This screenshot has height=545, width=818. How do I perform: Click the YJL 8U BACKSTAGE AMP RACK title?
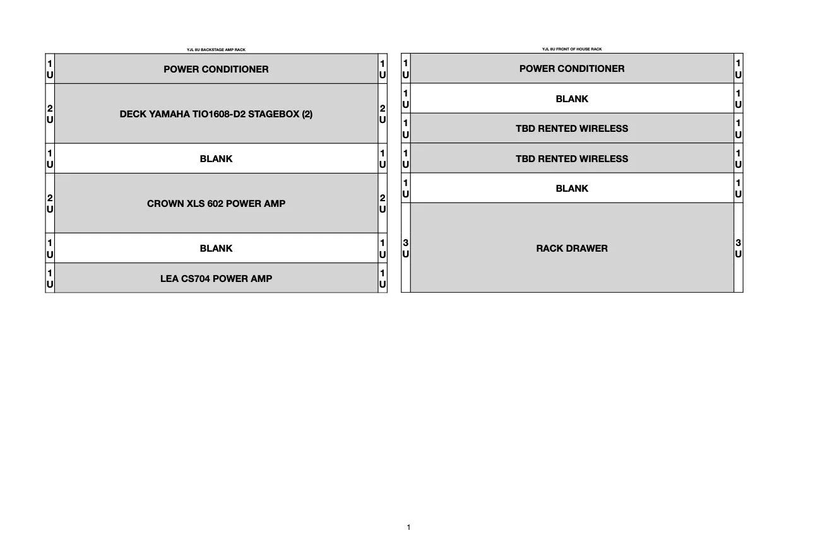click(x=211, y=50)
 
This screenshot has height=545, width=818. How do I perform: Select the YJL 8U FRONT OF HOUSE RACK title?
click(x=572, y=49)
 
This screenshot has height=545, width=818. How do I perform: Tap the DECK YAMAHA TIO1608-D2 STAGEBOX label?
click(x=216, y=114)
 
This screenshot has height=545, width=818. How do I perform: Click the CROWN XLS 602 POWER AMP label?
click(x=216, y=204)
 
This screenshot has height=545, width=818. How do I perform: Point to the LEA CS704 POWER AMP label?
click(x=216, y=278)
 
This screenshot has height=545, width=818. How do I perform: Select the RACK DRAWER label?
click(x=572, y=248)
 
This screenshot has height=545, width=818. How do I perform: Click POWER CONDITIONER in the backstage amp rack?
click(x=216, y=69)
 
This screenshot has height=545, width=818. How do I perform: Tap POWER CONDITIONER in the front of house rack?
click(x=572, y=68)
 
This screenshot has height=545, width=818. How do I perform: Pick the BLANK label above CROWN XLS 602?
click(x=216, y=159)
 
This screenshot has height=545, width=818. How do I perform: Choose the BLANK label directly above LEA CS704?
click(x=216, y=249)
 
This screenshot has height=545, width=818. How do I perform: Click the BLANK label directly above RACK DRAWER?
click(x=572, y=189)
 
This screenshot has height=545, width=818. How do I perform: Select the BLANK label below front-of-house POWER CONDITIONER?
click(x=572, y=99)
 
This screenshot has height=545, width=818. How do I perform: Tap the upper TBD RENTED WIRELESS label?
click(x=572, y=129)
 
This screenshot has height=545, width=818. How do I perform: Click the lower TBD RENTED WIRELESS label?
click(x=572, y=159)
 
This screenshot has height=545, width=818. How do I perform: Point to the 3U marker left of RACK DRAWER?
click(x=406, y=248)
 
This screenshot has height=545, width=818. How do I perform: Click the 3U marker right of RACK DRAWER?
click(x=738, y=248)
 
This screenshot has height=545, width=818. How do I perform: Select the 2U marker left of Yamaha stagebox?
click(x=50, y=114)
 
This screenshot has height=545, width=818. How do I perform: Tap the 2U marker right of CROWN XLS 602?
click(x=382, y=204)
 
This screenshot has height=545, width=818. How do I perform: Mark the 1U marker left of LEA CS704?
click(x=50, y=278)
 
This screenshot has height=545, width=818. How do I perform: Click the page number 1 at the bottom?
click(x=409, y=527)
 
